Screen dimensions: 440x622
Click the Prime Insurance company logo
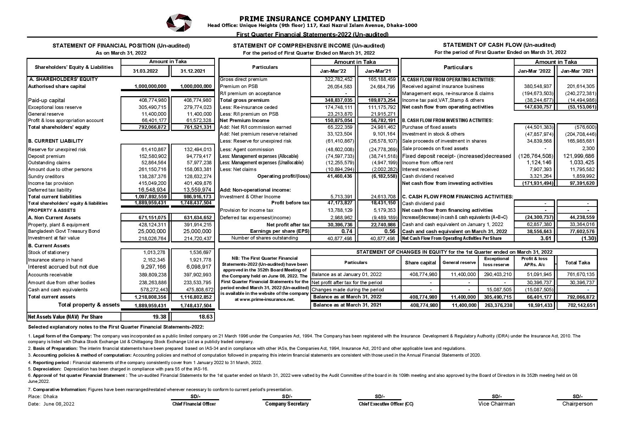point(179,23)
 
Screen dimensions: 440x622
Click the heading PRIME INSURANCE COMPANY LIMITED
point(312,19)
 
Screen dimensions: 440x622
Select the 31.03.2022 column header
point(145,71)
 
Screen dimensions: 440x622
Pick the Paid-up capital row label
point(46,100)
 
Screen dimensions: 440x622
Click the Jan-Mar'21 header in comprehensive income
point(378,71)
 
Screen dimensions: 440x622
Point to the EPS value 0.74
point(346,231)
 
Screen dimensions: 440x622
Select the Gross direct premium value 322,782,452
point(337,79)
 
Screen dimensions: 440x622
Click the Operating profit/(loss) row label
point(283,176)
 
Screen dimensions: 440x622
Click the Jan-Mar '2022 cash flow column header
point(534,71)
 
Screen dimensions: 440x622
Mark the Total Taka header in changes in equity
point(577,263)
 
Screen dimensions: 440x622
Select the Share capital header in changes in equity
point(420,263)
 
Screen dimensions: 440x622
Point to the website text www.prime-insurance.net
point(265,299)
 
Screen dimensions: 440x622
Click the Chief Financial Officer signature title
point(194,404)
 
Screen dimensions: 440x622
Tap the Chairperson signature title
point(577,404)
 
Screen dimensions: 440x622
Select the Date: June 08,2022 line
point(51,404)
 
